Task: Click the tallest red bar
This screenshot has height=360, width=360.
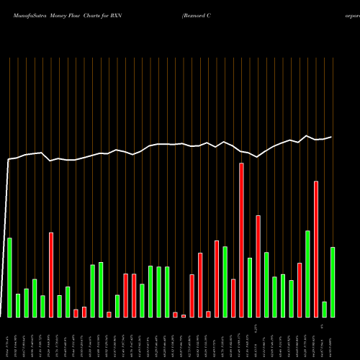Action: coord(241,240)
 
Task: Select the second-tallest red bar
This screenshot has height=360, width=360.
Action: coord(316,248)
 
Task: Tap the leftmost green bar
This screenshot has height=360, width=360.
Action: coord(9,277)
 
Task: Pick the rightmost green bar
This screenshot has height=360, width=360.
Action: coord(333,282)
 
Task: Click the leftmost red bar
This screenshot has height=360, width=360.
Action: coord(51,274)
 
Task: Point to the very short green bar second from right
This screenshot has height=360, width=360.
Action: coord(325,309)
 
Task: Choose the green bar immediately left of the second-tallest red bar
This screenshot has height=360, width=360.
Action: coord(308,274)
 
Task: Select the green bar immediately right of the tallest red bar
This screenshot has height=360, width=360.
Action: coord(250,287)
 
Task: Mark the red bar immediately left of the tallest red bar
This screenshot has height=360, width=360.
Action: coord(233,298)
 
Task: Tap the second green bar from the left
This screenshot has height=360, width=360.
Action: coord(18,305)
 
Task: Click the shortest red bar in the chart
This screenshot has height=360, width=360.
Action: coord(184,315)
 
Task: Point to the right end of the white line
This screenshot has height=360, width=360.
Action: coord(332,137)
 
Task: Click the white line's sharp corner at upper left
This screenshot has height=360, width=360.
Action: coord(9,159)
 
